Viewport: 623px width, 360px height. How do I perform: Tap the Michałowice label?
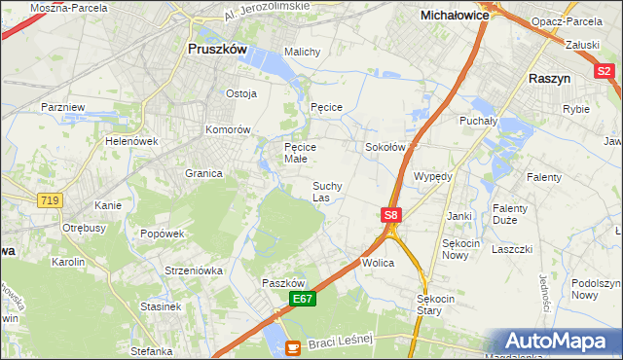point(453,16)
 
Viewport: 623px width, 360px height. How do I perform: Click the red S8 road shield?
point(390,215)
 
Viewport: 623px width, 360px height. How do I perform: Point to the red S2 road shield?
point(604,70)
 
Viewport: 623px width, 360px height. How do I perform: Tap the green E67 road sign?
point(302,300)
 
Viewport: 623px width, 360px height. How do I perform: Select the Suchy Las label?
point(326,191)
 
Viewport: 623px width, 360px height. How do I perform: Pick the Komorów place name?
point(229,129)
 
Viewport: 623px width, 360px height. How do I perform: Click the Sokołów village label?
point(384,147)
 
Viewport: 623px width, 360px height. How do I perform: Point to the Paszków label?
point(284,282)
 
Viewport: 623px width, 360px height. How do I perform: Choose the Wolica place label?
point(377,263)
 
